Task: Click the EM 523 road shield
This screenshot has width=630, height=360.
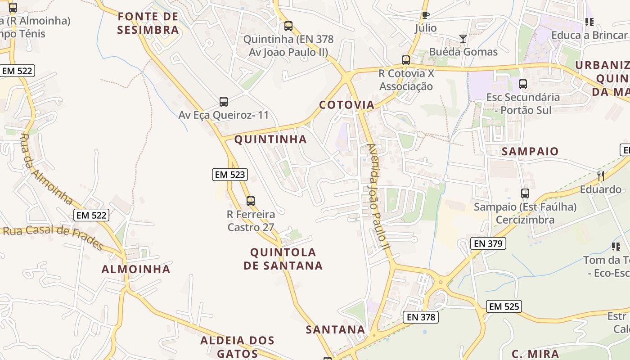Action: click(230, 175)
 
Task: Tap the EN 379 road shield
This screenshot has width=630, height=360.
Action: click(488, 243)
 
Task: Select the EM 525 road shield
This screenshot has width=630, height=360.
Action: click(504, 307)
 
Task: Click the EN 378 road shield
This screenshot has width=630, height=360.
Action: click(420, 317)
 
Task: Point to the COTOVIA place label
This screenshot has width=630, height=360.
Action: click(346, 105)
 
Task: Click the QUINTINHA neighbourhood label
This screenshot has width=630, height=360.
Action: click(270, 139)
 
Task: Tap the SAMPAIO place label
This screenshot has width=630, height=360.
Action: click(530, 152)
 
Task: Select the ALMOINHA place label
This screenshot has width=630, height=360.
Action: click(136, 270)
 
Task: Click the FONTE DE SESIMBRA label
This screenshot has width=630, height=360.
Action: click(148, 23)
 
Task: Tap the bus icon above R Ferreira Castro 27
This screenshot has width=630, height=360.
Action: click(251, 201)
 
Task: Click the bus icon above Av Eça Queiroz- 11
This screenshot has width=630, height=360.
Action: click(224, 102)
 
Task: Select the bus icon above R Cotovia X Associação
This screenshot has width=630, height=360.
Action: click(406, 60)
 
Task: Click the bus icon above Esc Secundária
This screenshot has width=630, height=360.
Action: click(523, 84)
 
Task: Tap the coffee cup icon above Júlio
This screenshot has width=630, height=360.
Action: click(425, 15)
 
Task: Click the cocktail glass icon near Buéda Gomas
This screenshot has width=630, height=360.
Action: click(463, 39)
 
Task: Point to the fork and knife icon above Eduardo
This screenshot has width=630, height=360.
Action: click(600, 175)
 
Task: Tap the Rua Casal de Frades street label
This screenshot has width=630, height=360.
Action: click(53, 236)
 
